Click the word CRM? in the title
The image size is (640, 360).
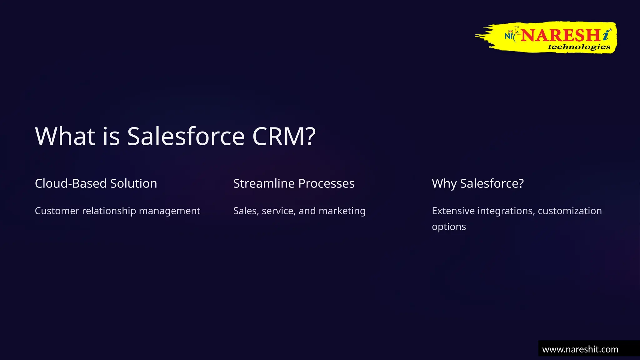click(284, 137)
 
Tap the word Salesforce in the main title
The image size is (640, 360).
click(186, 137)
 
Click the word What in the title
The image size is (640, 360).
click(65, 137)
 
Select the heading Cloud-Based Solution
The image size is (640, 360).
click(96, 183)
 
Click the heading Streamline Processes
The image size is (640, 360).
click(294, 183)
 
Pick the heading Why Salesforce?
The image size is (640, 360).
click(477, 183)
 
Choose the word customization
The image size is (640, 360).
click(569, 211)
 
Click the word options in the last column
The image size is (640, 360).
click(449, 227)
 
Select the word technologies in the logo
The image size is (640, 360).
click(579, 47)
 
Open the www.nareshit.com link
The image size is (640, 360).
click(580, 349)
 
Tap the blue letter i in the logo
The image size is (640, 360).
click(606, 35)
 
